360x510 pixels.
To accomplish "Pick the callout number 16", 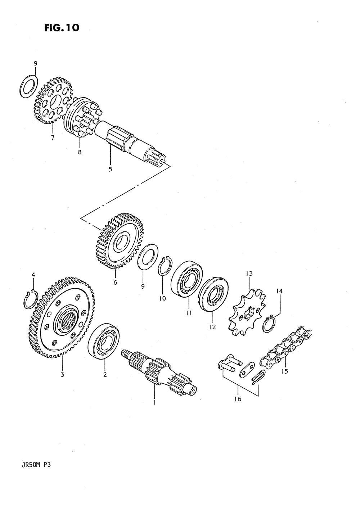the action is pos(238,399).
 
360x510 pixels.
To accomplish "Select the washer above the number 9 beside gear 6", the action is pos(147,256).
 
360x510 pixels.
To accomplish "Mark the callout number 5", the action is pos(111,170).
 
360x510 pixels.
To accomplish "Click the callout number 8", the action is pos(80,152).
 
